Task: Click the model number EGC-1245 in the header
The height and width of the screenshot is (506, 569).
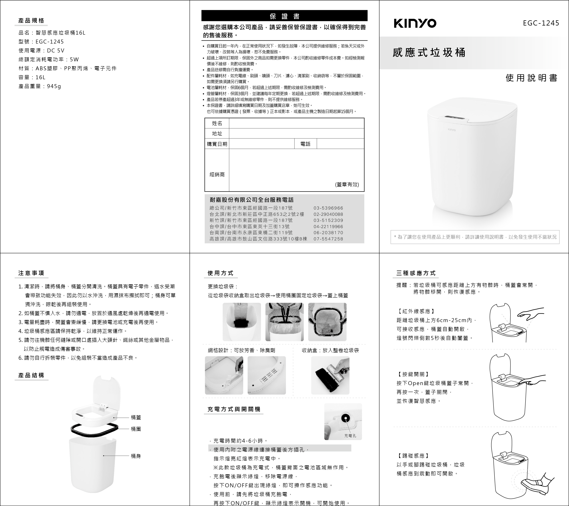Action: pyautogui.click(x=541, y=23)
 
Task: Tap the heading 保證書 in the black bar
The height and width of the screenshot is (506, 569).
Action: pyautogui.click(x=284, y=16)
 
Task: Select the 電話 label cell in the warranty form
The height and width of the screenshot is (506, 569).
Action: pyautogui.click(x=305, y=144)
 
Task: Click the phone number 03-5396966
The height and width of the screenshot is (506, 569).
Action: pyautogui.click(x=328, y=208)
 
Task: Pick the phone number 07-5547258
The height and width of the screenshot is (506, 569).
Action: pyautogui.click(x=328, y=239)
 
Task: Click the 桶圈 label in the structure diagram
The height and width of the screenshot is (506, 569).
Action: pyautogui.click(x=136, y=429)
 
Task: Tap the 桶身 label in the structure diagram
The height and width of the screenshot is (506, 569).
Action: pyautogui.click(x=136, y=456)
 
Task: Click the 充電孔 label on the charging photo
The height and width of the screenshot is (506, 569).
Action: pyautogui.click(x=350, y=436)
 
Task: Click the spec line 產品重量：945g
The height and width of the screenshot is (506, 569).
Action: pyautogui.click(x=40, y=86)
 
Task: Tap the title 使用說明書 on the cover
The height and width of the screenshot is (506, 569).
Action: pyautogui.click(x=531, y=78)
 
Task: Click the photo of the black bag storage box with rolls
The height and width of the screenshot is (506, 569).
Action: pyautogui.click(x=330, y=375)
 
